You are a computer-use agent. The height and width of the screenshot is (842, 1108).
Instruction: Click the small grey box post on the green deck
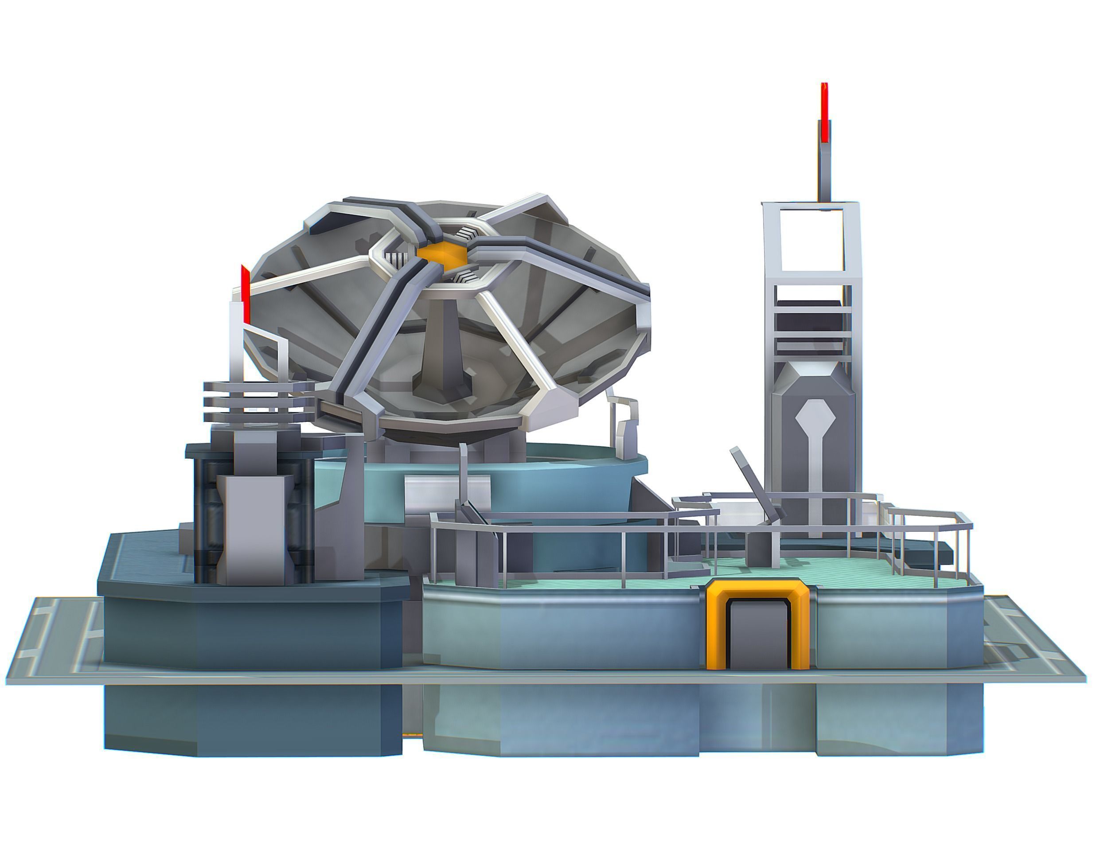pyautogui.click(x=760, y=549)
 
